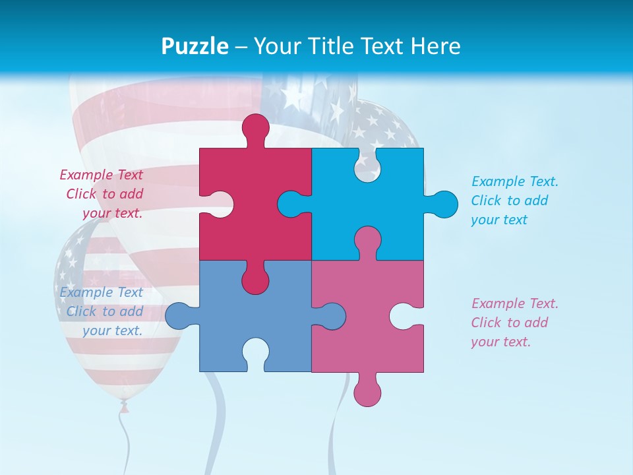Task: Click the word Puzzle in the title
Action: pos(195,46)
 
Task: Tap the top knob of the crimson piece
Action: pos(256,129)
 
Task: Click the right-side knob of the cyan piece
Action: pos(443,204)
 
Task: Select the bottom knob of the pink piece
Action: pos(367,391)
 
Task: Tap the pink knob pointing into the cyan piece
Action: pos(367,240)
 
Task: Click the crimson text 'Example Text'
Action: pos(101,175)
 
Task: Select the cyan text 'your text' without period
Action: pos(499,220)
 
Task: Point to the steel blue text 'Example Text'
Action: pos(101,292)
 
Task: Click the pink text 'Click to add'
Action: pos(509,323)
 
